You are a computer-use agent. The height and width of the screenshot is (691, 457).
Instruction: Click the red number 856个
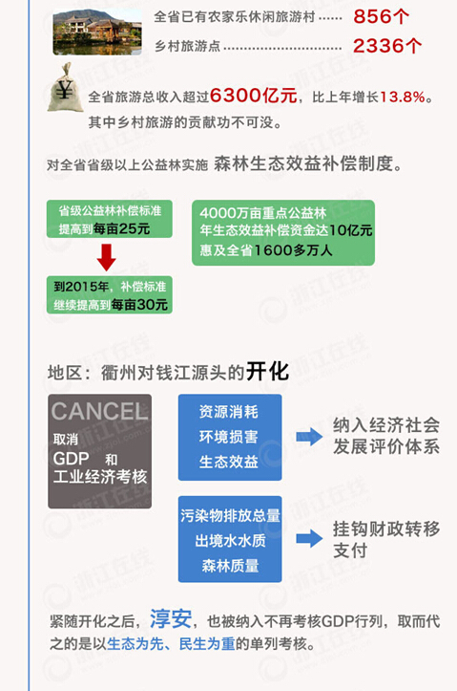click(381, 17)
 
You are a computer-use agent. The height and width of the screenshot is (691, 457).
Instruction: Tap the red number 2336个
click(387, 46)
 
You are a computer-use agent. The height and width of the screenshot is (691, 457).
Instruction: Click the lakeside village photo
click(97, 32)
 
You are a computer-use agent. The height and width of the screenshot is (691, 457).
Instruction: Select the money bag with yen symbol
click(65, 87)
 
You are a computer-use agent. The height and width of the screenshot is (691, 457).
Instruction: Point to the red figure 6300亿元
click(254, 96)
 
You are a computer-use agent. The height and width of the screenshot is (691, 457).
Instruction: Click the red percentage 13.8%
click(403, 97)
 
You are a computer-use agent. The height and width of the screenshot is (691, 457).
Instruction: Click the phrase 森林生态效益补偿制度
click(303, 163)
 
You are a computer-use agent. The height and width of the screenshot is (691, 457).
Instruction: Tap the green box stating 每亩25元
click(110, 219)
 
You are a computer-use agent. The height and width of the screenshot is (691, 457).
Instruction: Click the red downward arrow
click(106, 257)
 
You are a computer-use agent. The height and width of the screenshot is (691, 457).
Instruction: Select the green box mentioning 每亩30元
click(110, 294)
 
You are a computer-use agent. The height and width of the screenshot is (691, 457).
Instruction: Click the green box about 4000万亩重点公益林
click(283, 232)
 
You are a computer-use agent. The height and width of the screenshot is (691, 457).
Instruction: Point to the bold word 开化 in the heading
click(267, 372)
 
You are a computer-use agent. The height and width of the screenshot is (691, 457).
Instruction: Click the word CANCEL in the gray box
click(99, 412)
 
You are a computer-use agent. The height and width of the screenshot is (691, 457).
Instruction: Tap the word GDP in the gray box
click(71, 459)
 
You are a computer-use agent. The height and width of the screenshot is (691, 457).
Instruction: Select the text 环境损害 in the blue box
click(229, 437)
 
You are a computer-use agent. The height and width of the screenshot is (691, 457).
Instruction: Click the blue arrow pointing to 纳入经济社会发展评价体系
click(309, 437)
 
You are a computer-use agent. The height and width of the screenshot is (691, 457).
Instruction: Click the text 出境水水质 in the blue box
click(231, 540)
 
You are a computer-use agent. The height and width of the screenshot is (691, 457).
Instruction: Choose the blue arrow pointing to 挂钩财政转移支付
click(309, 538)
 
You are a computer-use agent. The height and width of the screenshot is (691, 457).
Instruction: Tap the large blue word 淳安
click(171, 618)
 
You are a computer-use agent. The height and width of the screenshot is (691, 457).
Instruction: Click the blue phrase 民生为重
click(207, 644)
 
